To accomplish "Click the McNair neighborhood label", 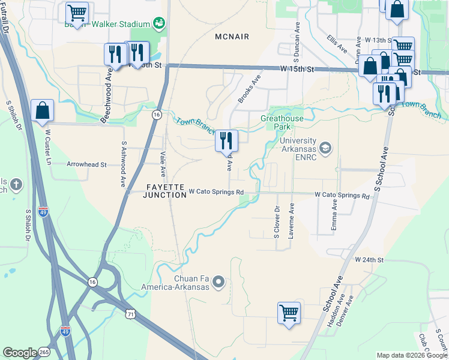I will tap(232, 37).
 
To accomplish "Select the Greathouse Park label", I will tap(282, 123).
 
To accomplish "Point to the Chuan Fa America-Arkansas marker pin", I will tap(218, 281).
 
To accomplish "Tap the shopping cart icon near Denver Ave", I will tap(289, 313).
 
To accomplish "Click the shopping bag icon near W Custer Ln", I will tap(43, 111).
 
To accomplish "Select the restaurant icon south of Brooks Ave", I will tap(226, 141).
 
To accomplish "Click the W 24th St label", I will tap(369, 260).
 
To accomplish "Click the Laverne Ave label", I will tap(291, 221).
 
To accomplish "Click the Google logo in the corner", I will tap(20, 353).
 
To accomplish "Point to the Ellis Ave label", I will tap(337, 43).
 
